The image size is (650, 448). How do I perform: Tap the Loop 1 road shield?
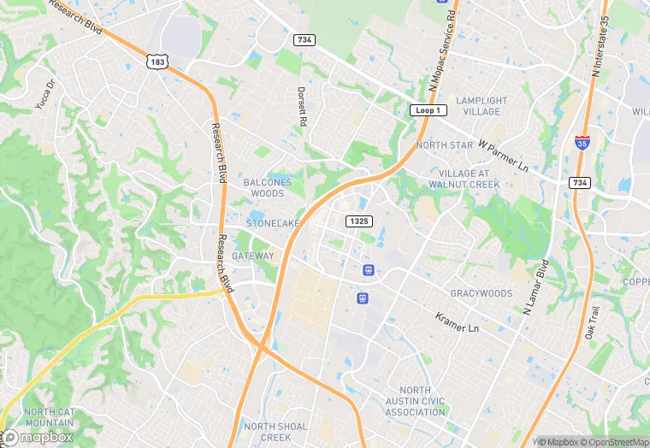pos(425,111)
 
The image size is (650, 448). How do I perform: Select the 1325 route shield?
pos(359,221)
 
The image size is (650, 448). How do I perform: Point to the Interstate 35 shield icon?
pos(582,143)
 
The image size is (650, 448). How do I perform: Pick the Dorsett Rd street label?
pos(301,106)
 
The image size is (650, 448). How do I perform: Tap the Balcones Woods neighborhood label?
pos(268,188)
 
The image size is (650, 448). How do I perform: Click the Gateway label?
pos(253,256)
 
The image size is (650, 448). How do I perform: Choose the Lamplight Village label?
pos(482,106)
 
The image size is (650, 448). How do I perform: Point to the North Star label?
pos(444,145)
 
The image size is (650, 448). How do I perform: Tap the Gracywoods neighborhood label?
pos(482,293)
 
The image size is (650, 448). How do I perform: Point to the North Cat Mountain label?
pos(50,417)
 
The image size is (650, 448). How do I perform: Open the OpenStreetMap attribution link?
pos(612,442)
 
